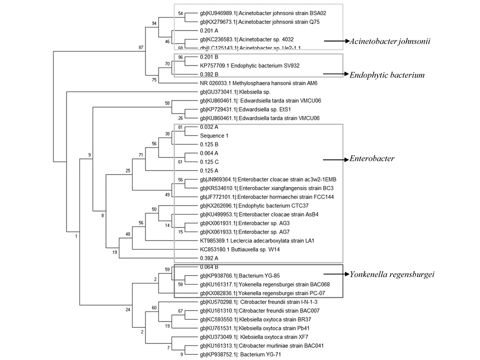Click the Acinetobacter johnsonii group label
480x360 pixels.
pos(390,41)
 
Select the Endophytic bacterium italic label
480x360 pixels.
pos(388,74)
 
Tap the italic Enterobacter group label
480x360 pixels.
pos(372,159)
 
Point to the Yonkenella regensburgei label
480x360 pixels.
pos(392,274)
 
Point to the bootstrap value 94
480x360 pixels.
pos(155,22)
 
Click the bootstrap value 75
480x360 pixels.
pos(155,78)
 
